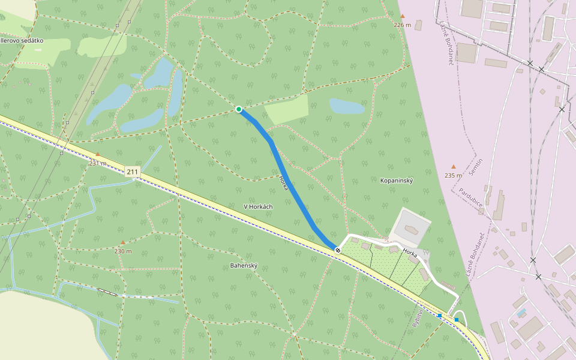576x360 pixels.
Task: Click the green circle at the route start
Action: (x=239, y=109)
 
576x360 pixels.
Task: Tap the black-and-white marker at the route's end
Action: (x=338, y=250)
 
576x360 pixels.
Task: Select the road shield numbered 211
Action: (x=133, y=172)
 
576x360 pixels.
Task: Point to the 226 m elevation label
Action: (x=402, y=25)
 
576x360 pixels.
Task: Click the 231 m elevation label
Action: (x=97, y=163)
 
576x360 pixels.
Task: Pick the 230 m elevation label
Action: (x=122, y=251)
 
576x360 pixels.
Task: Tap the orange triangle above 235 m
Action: (x=454, y=167)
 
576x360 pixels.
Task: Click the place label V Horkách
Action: (x=258, y=206)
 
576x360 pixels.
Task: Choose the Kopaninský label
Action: (x=397, y=180)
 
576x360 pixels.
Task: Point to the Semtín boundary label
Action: (x=476, y=163)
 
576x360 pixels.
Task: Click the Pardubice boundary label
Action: (x=471, y=197)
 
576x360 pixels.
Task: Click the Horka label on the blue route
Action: (x=284, y=183)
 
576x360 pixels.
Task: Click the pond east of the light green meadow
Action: (x=347, y=107)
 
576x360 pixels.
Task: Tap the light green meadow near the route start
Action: (x=287, y=109)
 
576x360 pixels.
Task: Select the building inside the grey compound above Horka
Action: (x=411, y=230)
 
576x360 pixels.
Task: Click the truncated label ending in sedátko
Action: (x=22, y=40)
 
